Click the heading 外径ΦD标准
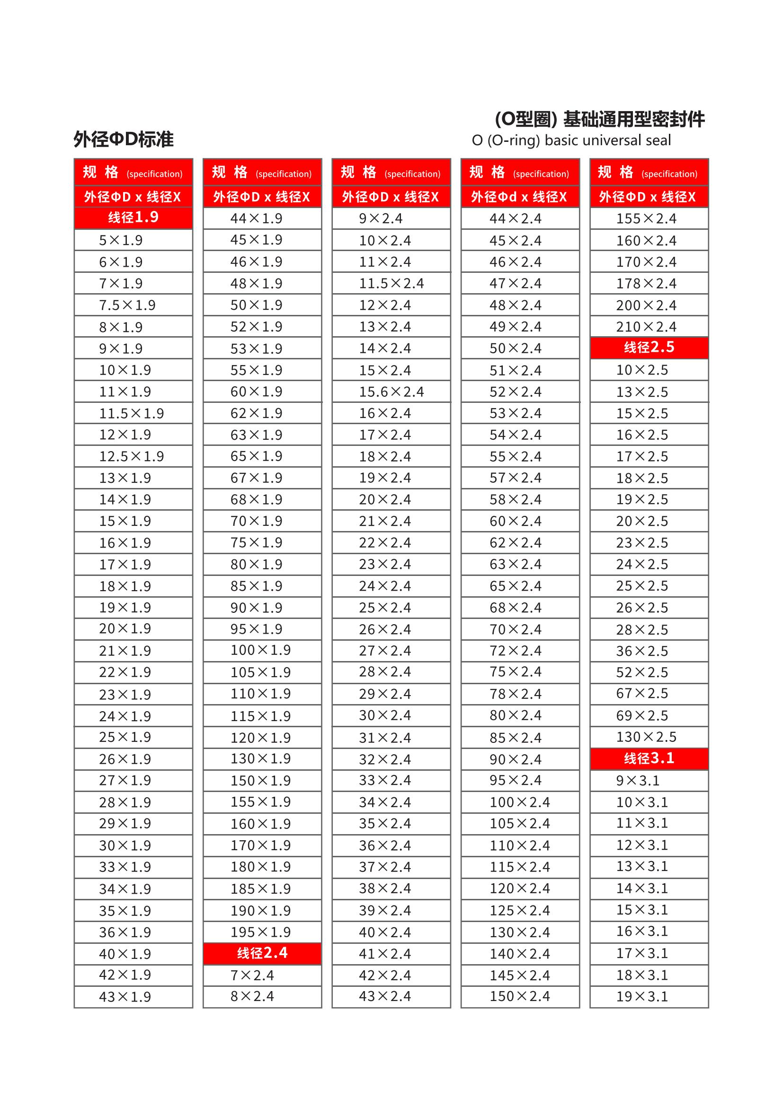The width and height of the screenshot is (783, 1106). (x=124, y=139)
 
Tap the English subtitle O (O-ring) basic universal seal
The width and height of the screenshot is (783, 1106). (x=571, y=140)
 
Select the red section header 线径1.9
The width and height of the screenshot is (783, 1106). (x=133, y=218)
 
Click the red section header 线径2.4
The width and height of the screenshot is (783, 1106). (x=262, y=953)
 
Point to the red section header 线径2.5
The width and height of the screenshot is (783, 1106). (x=649, y=348)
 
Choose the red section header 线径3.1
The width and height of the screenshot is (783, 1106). (x=649, y=758)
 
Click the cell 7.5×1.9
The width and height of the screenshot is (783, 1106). (x=127, y=305)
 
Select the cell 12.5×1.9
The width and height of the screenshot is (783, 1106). (x=131, y=456)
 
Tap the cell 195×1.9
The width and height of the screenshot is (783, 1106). (x=260, y=932)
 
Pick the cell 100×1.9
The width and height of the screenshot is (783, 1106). (x=260, y=650)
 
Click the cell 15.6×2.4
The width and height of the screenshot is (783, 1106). (x=391, y=392)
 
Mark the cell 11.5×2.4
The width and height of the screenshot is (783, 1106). (x=391, y=284)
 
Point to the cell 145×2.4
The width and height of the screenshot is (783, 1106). (x=520, y=975)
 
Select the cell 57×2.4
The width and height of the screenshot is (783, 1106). (x=516, y=478)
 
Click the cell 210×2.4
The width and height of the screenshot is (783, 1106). (x=646, y=327)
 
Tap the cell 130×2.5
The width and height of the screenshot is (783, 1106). (x=646, y=737)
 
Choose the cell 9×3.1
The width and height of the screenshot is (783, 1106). (x=637, y=781)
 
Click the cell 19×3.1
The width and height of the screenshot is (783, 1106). (x=642, y=997)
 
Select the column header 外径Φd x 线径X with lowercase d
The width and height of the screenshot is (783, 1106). (x=519, y=197)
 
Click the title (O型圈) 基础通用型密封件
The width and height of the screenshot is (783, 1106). (x=600, y=119)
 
